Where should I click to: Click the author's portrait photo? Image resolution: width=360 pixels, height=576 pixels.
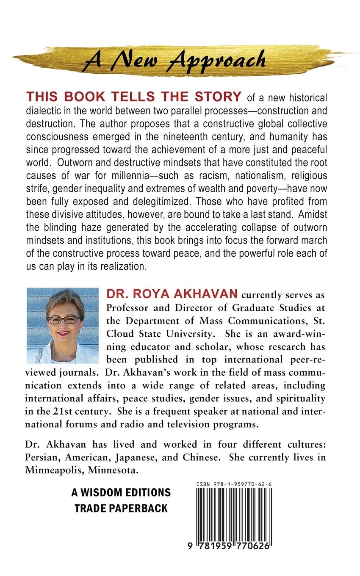(x=63, y=325)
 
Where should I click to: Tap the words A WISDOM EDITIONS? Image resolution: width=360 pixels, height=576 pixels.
(x=121, y=493)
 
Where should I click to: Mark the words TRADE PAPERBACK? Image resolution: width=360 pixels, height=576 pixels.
(x=121, y=508)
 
